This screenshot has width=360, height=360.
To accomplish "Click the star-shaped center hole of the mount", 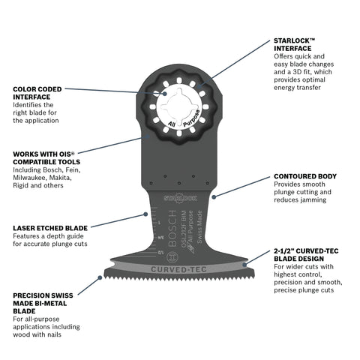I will pyautogui.click(x=179, y=111).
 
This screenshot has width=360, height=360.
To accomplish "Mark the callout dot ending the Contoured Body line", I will pyautogui.click(x=214, y=197).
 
